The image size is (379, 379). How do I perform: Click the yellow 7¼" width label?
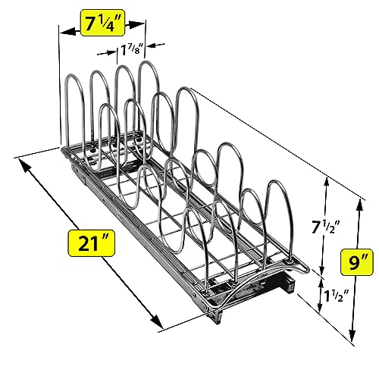pyautogui.click(x=102, y=23)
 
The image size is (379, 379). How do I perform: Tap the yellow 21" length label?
pyautogui.click(x=91, y=243)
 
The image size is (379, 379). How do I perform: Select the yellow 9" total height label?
pyautogui.click(x=356, y=262)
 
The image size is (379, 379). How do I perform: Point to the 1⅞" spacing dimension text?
pyautogui.click(x=132, y=50)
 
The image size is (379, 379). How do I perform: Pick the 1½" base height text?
pyautogui.click(x=337, y=296)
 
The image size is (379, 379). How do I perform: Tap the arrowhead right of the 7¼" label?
pyautogui.click(x=136, y=24)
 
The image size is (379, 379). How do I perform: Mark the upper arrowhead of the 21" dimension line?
pyautogui.click(x=26, y=167)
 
